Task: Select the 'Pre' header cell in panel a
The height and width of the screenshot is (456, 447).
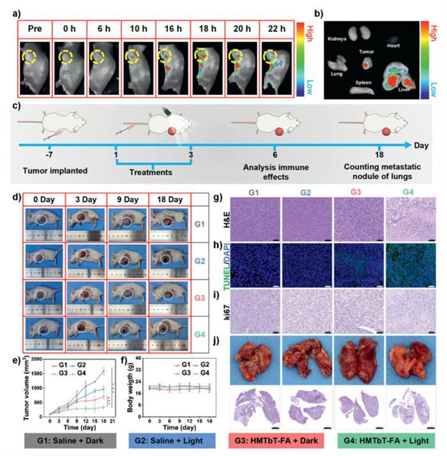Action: [x=35, y=29]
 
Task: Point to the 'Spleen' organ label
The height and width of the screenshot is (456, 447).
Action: [x=365, y=83]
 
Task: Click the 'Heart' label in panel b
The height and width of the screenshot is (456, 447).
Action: [x=394, y=46]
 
